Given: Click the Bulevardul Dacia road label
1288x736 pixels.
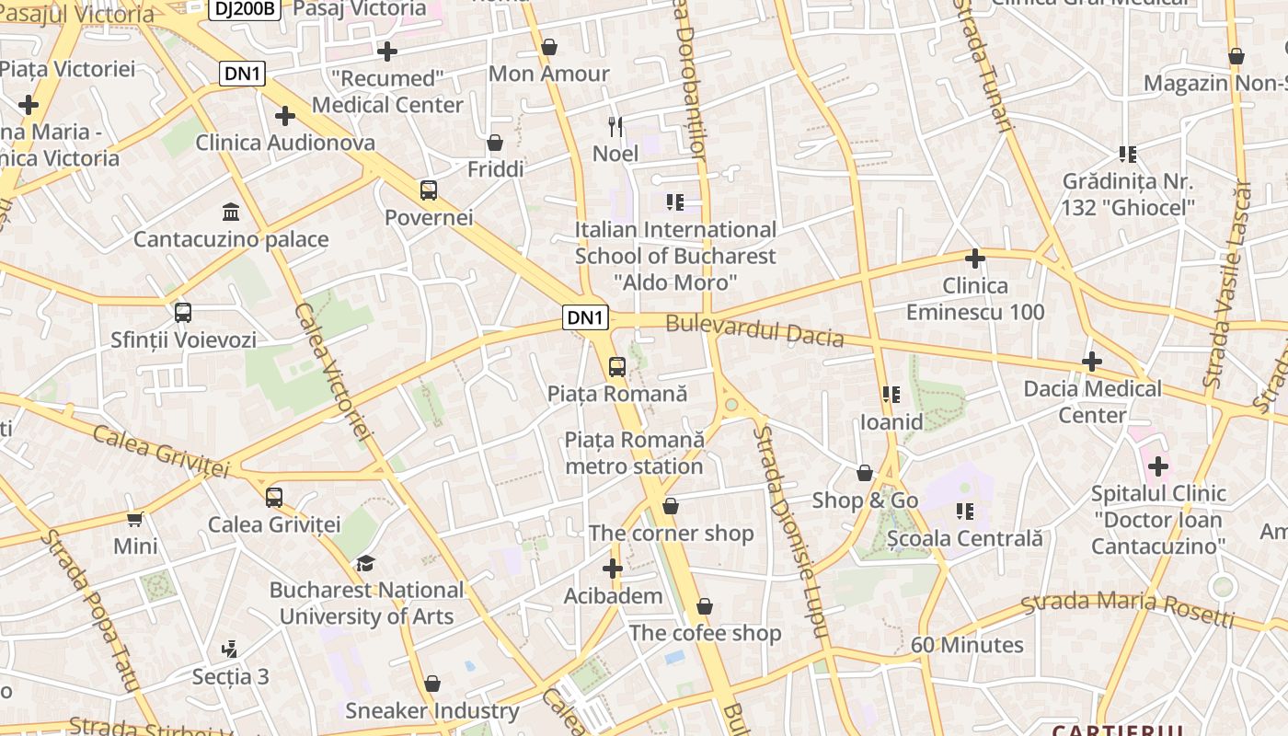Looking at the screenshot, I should click(x=754, y=329).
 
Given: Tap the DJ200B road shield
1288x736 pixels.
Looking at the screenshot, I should click(x=243, y=9).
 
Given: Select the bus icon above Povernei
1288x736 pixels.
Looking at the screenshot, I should click(x=429, y=190).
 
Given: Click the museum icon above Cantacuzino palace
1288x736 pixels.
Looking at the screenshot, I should click(x=231, y=213).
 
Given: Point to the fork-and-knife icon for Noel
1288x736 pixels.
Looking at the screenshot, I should click(x=615, y=126).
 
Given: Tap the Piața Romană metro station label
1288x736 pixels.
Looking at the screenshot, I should click(x=634, y=453).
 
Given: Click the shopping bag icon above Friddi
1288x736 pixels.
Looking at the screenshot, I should click(x=495, y=143).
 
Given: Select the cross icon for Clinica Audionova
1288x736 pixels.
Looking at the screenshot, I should click(x=285, y=116).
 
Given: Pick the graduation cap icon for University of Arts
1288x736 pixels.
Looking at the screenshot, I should click(x=366, y=563).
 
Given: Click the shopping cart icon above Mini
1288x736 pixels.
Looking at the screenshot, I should click(x=135, y=519).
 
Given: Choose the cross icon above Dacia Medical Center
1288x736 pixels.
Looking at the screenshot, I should click(x=1092, y=362).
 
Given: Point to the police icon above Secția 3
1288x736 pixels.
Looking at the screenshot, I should click(x=230, y=650).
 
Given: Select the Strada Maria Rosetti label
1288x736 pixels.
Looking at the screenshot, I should click(x=1128, y=608).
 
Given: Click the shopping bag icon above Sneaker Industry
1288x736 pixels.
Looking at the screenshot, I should click(x=432, y=684).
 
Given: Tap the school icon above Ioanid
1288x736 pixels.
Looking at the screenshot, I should click(x=891, y=395).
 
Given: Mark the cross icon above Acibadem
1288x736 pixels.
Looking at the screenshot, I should click(x=613, y=569).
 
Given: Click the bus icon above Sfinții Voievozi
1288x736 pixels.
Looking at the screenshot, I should click(x=183, y=313).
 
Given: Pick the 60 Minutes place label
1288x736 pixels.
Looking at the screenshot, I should click(x=967, y=645).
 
